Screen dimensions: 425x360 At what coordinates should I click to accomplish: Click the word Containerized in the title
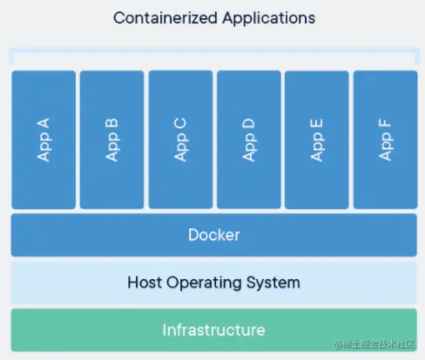(x=165, y=18)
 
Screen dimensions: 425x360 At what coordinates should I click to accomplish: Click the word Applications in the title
(x=269, y=19)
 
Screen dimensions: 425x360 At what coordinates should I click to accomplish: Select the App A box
(x=44, y=139)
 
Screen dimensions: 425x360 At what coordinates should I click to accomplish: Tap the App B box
(x=111, y=139)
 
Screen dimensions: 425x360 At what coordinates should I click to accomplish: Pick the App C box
(x=180, y=139)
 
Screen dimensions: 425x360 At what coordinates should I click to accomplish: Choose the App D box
(x=249, y=139)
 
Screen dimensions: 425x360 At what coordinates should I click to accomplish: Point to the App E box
(x=317, y=139)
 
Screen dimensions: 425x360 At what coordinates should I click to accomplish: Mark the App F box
(x=386, y=139)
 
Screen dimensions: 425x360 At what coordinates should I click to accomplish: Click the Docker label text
(x=214, y=234)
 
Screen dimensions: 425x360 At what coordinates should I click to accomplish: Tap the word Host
(x=145, y=282)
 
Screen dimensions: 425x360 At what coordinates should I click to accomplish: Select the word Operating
(x=204, y=283)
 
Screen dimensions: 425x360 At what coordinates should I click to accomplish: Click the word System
(x=273, y=283)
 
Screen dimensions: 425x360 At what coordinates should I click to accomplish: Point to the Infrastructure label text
(x=213, y=330)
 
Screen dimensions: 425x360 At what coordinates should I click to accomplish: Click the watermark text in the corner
(x=374, y=344)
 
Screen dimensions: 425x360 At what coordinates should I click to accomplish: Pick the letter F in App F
(x=385, y=124)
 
